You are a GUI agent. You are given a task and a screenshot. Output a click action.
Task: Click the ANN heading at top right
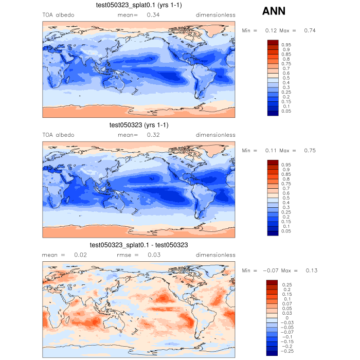coord(274,11)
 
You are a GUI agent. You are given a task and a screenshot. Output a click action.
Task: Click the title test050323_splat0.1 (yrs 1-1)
coord(138,6)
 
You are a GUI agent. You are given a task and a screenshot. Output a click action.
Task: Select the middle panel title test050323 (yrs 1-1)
coord(138,125)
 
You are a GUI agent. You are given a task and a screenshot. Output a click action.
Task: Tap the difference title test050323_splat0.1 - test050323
coord(138,245)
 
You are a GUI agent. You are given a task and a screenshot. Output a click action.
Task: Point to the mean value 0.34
coord(153,15)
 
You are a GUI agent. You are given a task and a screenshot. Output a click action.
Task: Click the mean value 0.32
coord(153,135)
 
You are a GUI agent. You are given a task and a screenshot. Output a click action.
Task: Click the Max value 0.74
coord(310,30)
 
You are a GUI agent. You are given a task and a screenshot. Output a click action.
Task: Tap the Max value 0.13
coord(311,271)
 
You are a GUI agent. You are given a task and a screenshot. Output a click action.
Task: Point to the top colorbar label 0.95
coord(286,45)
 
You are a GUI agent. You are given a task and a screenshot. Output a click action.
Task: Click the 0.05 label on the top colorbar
coord(286,111)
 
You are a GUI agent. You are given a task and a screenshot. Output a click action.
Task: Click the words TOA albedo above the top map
coord(58,15)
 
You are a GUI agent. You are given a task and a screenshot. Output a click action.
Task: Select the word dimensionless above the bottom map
coord(215,255)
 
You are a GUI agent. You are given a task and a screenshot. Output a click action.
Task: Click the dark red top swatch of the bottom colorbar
coord(272,283)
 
